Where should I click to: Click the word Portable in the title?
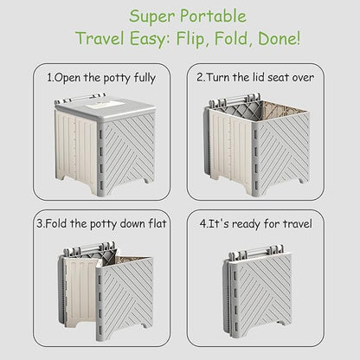click(x=213, y=16)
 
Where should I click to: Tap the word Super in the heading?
click(x=151, y=17)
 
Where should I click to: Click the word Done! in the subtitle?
click(x=279, y=38)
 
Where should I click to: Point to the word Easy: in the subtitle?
click(x=150, y=39)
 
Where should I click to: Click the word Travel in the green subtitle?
click(x=100, y=38)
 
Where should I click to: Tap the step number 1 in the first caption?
click(x=49, y=78)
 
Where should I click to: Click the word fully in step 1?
click(x=145, y=79)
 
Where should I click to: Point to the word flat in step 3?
click(x=157, y=223)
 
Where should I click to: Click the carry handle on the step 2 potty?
click(x=235, y=100)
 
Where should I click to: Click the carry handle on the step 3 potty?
click(x=89, y=248)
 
